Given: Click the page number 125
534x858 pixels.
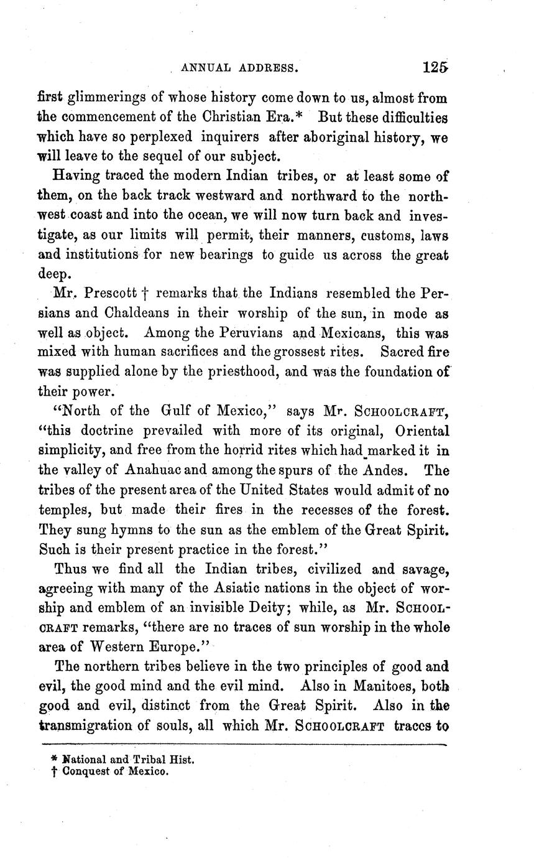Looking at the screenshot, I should [x=435, y=67].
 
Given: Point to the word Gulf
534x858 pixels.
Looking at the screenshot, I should [x=180, y=411].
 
